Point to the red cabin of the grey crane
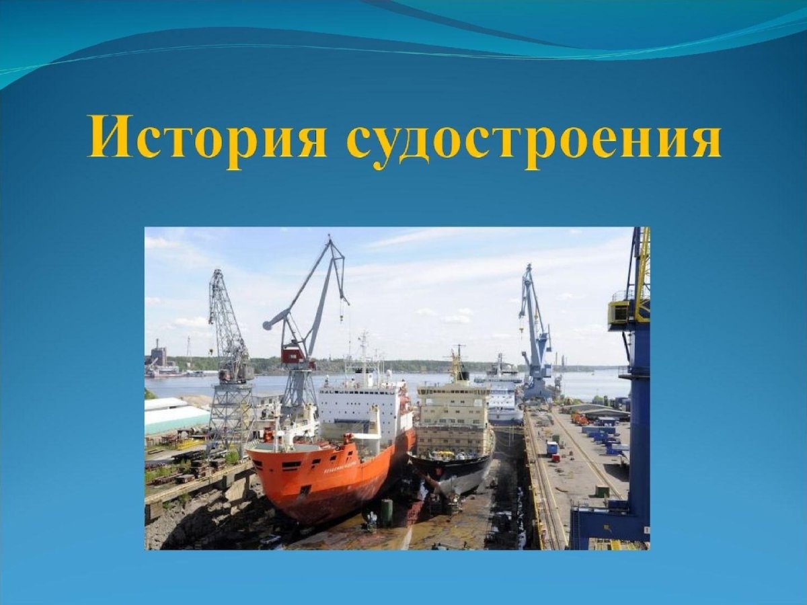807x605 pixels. click(293, 355)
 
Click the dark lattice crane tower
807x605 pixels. click(229, 363)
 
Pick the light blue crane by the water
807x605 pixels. click(536, 336)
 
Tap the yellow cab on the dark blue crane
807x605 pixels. click(619, 313)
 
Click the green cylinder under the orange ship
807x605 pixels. click(386, 512)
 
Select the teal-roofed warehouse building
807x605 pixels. click(175, 417)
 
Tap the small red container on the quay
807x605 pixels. click(556, 457)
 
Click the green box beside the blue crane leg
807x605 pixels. click(601, 491)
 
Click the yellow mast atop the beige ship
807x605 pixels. click(457, 366)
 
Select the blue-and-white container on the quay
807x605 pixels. click(552, 448)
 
